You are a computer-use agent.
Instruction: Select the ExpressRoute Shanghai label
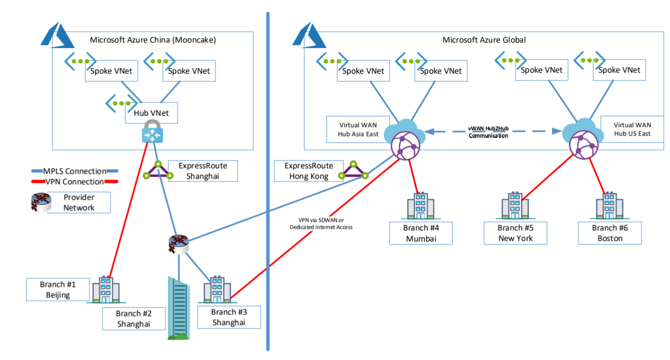pos(202,171)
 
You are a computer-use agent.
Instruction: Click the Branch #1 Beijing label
pos(58,290)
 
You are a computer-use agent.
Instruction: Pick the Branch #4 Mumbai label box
pos(421,233)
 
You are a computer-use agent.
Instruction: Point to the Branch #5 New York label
pos(515,233)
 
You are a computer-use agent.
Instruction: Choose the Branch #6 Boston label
pos(609,233)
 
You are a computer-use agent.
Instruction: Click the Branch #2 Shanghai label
pos(134,319)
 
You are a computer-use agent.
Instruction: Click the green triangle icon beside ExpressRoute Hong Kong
pos(353,171)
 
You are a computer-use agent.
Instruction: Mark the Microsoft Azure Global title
pos(484,40)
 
